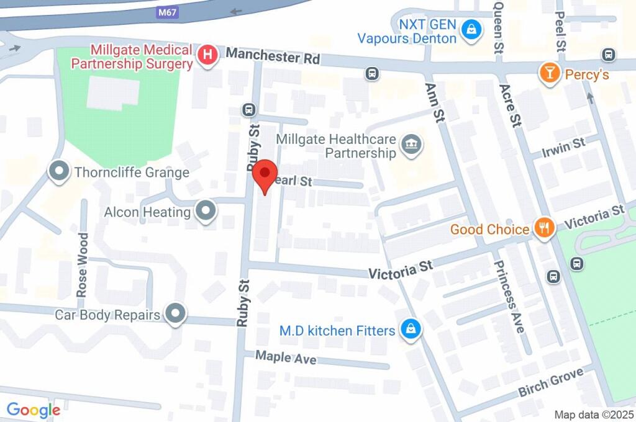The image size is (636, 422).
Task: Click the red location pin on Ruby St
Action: coord(265,174)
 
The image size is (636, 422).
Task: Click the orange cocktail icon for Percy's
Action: coord(549,73)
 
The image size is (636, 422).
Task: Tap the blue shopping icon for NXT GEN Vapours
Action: coord(472,29)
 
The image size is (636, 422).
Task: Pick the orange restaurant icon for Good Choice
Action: coord(544,228)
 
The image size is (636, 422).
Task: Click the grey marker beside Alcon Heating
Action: coord(205,212)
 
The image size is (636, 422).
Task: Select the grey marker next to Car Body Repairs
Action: coord(176,314)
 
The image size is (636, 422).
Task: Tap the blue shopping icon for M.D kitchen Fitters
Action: coord(410,330)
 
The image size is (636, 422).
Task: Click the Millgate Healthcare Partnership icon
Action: coord(411,146)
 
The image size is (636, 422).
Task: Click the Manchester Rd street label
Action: coord(273,56)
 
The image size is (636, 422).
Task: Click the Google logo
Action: coord(33,410)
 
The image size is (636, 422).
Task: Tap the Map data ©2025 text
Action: coord(593,415)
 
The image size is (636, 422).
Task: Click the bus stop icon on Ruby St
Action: coord(249,110)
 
